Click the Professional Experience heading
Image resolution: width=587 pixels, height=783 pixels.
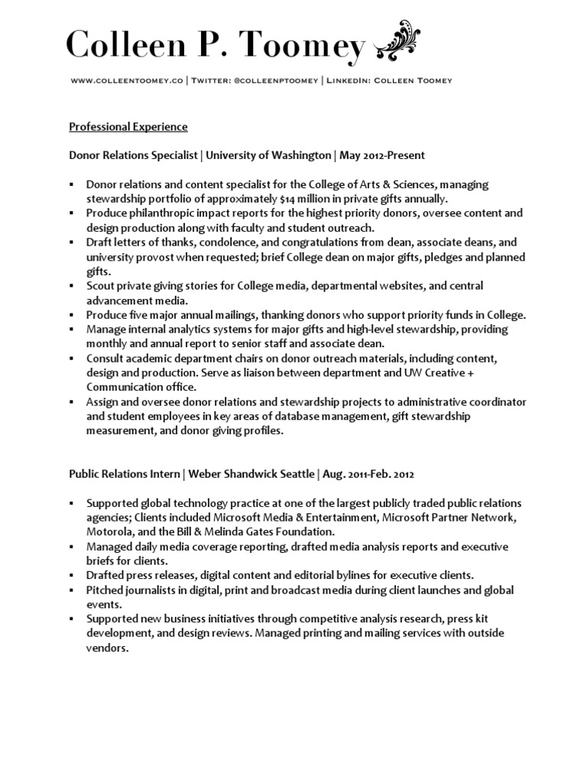pyautogui.click(x=128, y=126)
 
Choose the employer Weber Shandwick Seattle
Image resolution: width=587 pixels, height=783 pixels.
pyautogui.click(x=251, y=474)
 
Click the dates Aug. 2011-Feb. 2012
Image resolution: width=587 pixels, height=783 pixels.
pyautogui.click(x=368, y=474)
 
